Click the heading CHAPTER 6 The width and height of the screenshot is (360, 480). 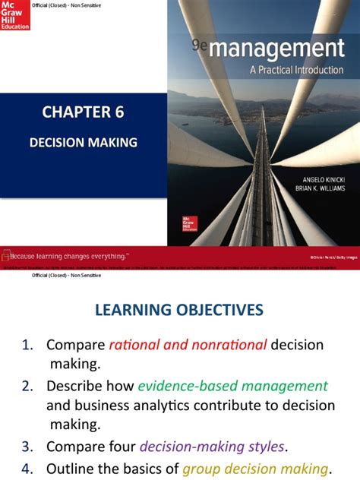tap(83, 113)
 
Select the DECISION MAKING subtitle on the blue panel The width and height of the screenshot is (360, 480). tap(83, 141)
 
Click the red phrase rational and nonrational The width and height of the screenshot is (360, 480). tap(188, 345)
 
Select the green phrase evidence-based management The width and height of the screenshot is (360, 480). tap(232, 386)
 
